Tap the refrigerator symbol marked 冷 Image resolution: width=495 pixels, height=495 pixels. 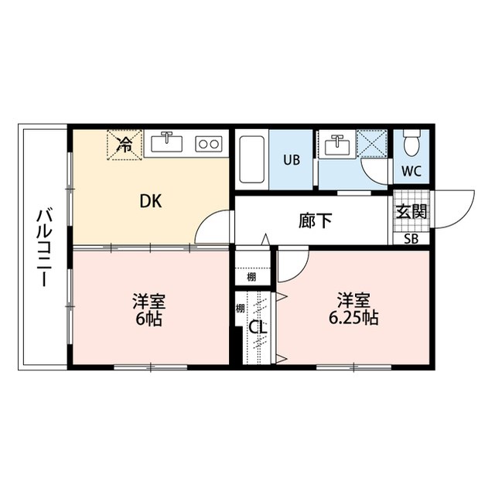124,142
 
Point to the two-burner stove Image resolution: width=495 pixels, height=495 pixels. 208,144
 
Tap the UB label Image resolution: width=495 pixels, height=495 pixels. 291,161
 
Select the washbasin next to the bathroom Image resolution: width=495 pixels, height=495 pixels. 336,145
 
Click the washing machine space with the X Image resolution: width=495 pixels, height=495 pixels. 374,145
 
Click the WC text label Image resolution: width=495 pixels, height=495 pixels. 411,172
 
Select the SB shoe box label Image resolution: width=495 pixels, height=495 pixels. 411,238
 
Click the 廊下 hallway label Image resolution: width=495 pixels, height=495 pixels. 316,220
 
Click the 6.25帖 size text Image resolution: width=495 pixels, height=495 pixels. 352,318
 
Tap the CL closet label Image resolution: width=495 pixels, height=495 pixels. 258,327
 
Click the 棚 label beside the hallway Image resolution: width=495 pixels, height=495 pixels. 251,277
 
